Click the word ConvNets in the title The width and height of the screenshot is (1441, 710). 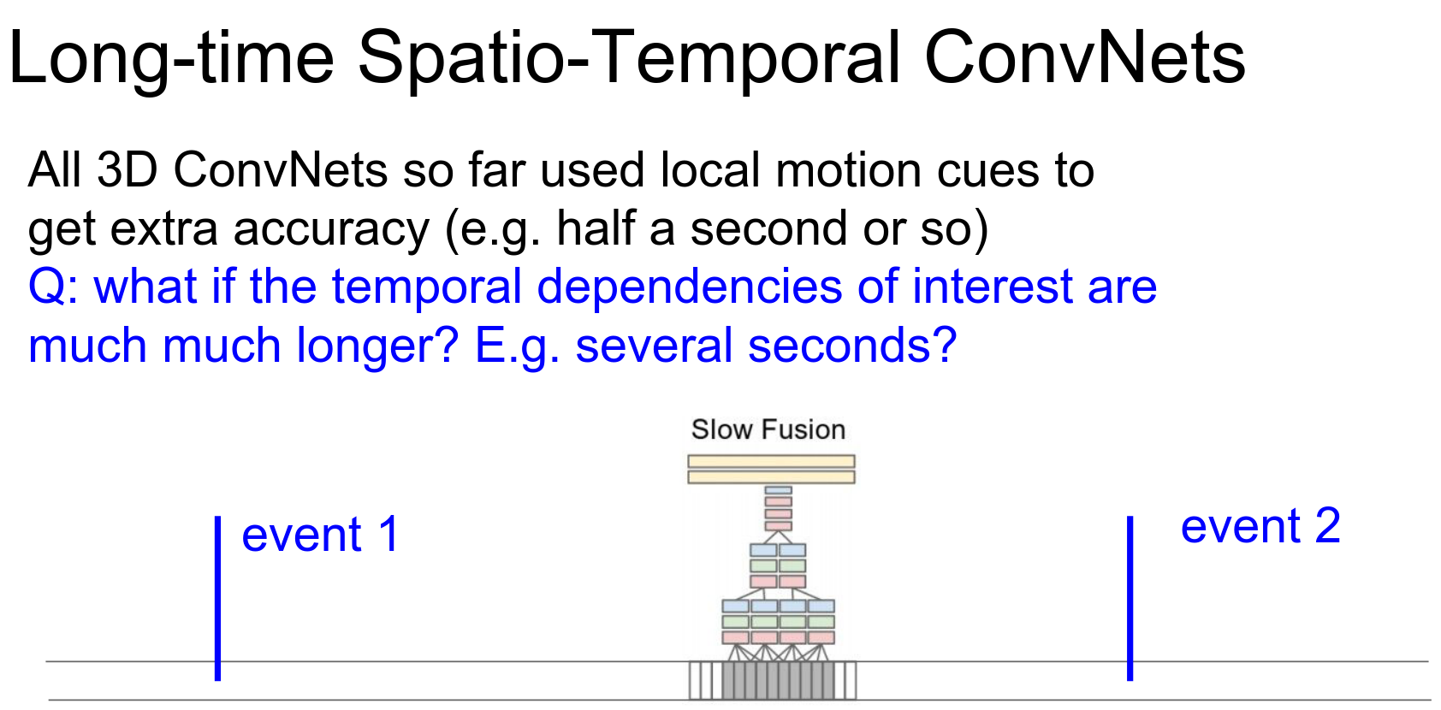[x=1085, y=57]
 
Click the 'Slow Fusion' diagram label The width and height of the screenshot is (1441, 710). [x=768, y=429]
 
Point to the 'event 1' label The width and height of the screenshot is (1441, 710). [x=321, y=535]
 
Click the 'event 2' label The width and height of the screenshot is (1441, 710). [x=1260, y=526]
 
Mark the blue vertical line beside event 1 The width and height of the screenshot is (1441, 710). [x=218, y=598]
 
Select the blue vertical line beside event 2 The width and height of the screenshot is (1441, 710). [x=1130, y=598]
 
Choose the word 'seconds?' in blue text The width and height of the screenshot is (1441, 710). [x=852, y=345]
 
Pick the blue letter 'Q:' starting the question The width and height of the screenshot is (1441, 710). [x=53, y=287]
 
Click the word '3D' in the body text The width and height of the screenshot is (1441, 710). [x=127, y=169]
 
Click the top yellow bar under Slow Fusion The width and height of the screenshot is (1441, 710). [x=771, y=461]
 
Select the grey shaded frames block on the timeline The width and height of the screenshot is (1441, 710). [x=779, y=680]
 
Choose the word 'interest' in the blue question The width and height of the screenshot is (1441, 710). [x=993, y=287]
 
